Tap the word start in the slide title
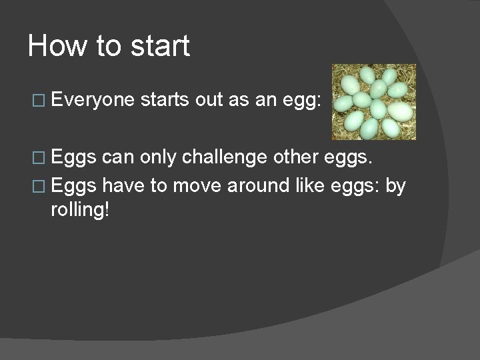pos(161,47)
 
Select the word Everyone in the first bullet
pos(92,100)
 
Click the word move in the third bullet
pos(197,185)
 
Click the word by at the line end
pos(396,185)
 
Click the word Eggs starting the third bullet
pos(74,185)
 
